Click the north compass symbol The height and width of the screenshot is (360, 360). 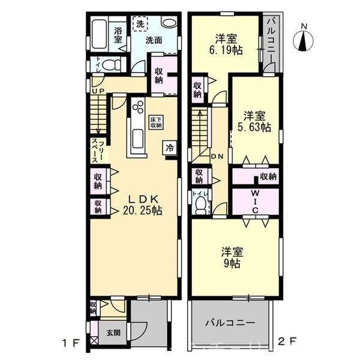(304, 40)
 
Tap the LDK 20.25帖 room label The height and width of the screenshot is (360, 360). (142, 205)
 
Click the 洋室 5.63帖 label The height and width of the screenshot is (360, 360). (256, 121)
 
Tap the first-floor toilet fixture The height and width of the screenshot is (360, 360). (109, 64)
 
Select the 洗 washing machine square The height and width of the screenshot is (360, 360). (139, 25)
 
